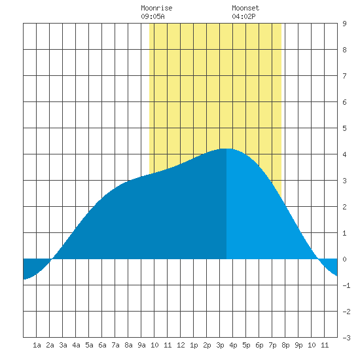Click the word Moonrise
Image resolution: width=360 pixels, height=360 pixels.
pos(156,8)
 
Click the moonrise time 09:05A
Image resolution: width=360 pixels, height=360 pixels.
pos(153,16)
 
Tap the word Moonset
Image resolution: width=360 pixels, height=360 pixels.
pos(245,8)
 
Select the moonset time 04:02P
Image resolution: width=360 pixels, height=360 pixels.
pos(243,16)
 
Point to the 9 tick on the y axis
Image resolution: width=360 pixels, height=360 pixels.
pos(344,24)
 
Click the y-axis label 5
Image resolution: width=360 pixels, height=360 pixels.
pos(344,128)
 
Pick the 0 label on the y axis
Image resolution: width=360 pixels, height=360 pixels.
pos(344,259)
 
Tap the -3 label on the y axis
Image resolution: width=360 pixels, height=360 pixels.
pos(346,338)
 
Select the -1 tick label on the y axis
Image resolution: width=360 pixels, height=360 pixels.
pos(346,285)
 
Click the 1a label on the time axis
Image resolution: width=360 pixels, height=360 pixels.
pos(37,345)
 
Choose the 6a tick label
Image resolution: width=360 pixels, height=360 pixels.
pos(102,345)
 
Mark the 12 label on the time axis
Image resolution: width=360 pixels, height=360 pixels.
pos(181,345)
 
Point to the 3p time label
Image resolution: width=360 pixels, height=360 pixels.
pos(220,345)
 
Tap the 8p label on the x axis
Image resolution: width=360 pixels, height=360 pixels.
pos(285,345)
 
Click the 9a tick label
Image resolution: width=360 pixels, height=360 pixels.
pos(141,345)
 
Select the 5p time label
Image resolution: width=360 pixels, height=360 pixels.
pos(246,345)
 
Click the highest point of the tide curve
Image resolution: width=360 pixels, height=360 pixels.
pos(226,149)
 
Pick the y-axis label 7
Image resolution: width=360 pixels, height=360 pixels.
pos(344,76)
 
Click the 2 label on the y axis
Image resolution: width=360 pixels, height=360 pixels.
pos(344,207)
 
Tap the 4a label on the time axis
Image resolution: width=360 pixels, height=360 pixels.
pos(76,345)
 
